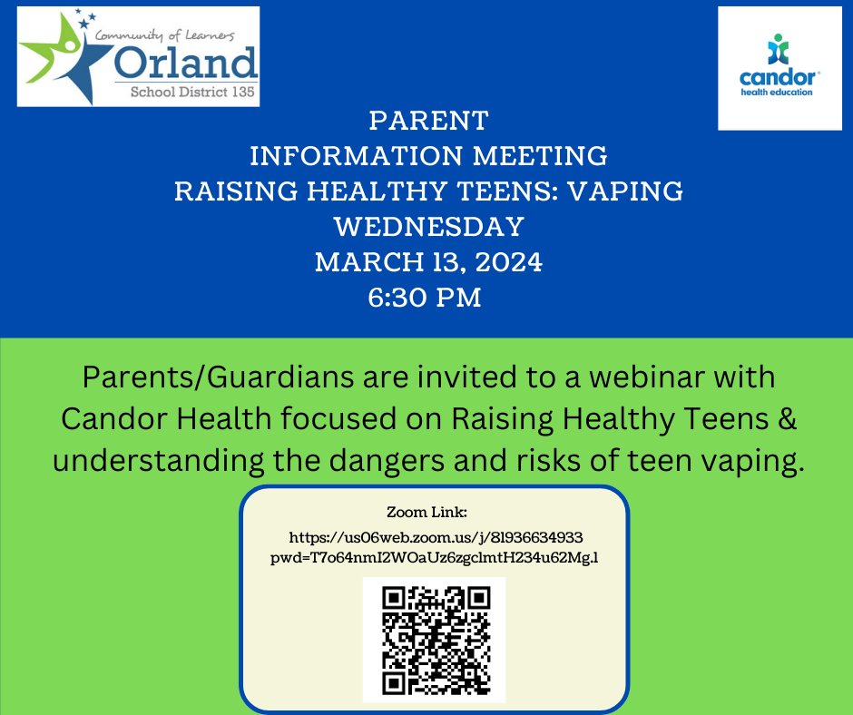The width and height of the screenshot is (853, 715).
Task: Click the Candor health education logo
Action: [781, 69]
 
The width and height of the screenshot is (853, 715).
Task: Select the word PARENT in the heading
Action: [428, 121]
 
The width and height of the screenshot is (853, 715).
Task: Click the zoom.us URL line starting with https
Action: [435, 538]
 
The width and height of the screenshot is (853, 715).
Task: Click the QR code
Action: [435, 638]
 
